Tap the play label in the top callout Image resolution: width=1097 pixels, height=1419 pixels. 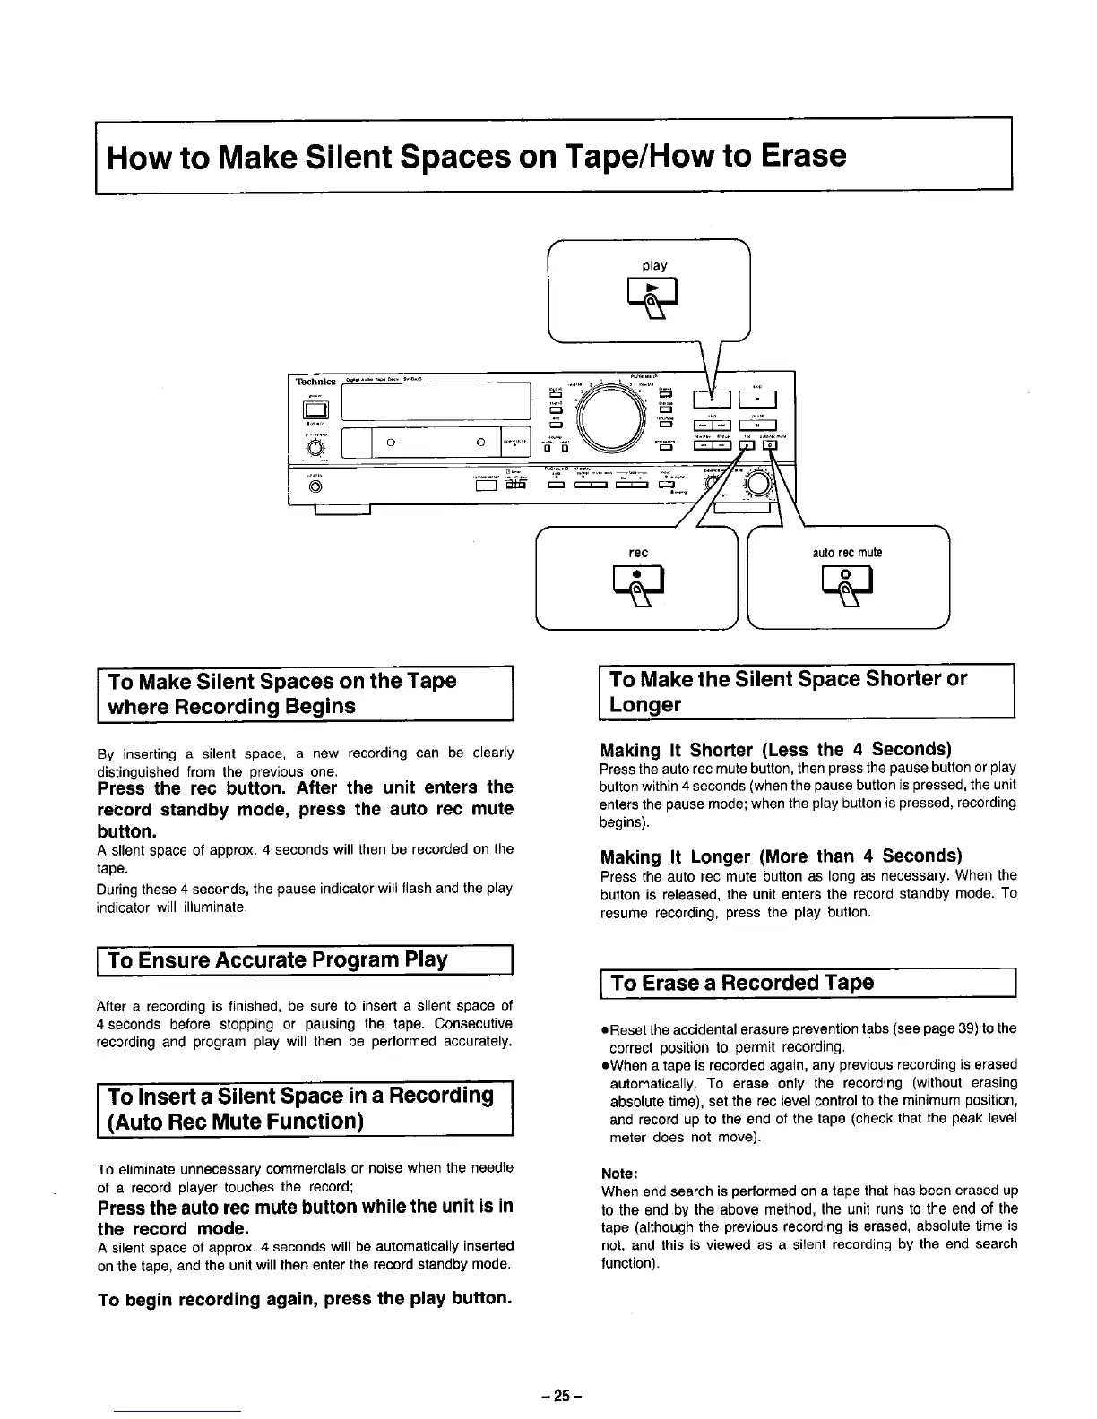654,266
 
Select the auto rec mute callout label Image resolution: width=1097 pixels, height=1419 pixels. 847,552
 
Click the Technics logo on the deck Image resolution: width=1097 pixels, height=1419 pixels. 315,381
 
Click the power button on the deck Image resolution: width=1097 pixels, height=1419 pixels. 315,410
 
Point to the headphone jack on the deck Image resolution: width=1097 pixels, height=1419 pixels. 315,487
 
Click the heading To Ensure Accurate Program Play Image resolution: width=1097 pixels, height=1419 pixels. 277,959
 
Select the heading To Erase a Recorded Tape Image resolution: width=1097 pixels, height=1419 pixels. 741,983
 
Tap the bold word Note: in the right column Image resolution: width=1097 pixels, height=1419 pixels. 619,1173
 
